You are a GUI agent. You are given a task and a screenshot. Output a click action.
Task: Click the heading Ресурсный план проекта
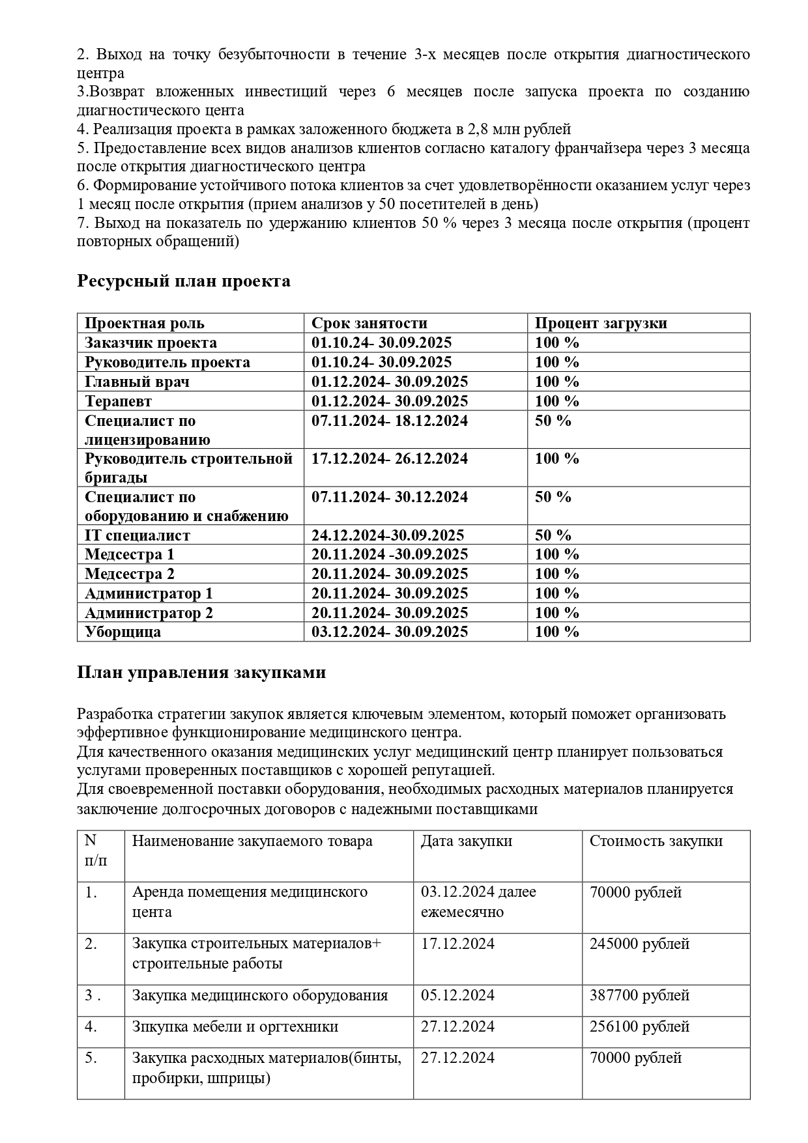[184, 281]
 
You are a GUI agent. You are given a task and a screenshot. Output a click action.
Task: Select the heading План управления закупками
[201, 673]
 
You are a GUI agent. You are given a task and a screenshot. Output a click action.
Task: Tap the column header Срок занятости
[369, 323]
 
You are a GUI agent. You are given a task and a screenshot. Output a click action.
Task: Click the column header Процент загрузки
[601, 323]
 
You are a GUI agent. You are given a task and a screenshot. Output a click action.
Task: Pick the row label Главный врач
[137, 382]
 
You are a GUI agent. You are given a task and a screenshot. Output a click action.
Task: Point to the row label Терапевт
[118, 401]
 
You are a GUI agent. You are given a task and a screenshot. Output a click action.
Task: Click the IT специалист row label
[137, 535]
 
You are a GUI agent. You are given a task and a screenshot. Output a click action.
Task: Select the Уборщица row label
[123, 632]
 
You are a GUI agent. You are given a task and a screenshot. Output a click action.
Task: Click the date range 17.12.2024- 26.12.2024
[390, 459]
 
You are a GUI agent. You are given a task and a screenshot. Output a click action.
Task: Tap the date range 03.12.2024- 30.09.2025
[390, 632]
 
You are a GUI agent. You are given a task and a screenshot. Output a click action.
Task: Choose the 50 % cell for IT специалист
[553, 535]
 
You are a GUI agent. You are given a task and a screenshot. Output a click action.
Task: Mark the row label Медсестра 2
[130, 574]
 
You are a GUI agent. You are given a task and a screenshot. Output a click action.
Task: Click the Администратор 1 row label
[149, 593]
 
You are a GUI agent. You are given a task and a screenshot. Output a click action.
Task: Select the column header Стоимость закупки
[656, 841]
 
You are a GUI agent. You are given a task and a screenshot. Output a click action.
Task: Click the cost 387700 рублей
[639, 995]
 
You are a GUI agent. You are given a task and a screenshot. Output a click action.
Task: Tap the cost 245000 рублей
[639, 944]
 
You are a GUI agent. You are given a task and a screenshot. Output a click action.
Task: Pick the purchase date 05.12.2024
[457, 995]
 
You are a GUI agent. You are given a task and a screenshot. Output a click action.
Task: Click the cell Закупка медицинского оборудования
[260, 995]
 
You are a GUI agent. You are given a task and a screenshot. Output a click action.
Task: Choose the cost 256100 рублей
[639, 1026]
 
